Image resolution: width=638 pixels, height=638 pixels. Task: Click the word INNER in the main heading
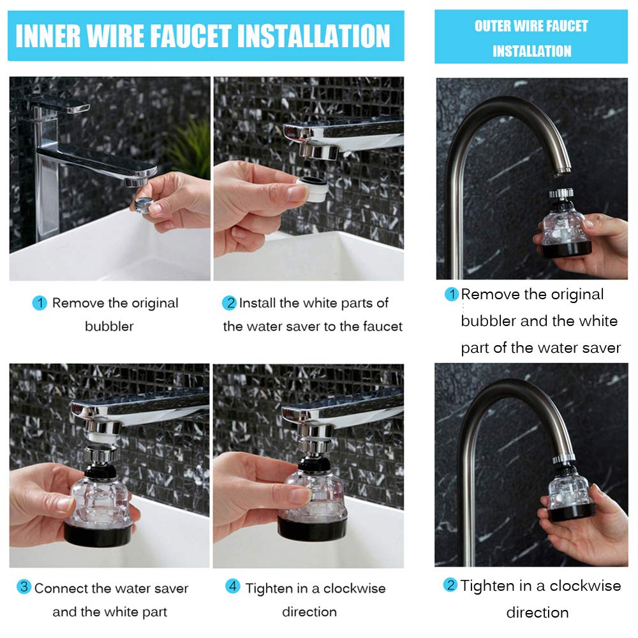point(48,36)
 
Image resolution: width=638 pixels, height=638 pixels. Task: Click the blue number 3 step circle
point(24,586)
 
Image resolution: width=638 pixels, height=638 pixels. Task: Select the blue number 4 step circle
point(233,586)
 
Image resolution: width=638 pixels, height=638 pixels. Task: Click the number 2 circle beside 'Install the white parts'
point(230,302)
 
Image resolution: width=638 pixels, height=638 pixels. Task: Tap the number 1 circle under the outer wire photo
point(452,293)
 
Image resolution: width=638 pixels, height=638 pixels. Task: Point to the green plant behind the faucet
point(188,147)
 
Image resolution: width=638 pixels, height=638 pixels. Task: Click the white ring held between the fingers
point(313,189)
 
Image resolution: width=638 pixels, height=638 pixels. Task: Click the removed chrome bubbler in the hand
point(144,204)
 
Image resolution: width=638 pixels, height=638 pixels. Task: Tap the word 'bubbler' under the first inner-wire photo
point(109,326)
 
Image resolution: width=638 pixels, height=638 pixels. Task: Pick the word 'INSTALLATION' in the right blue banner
point(532,51)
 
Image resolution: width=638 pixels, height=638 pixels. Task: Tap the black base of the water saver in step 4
point(312,528)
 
